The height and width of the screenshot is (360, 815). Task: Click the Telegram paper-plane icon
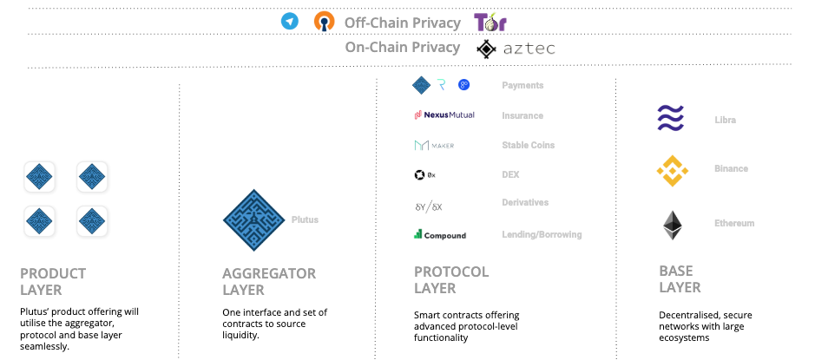pyautogui.click(x=290, y=21)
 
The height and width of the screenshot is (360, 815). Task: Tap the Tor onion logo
pyautogui.click(x=490, y=23)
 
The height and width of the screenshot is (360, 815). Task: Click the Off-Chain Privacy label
pyautogui.click(x=402, y=23)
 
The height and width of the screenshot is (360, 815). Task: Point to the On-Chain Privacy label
pyautogui.click(x=402, y=49)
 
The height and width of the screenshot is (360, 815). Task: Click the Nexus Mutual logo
pyautogui.click(x=444, y=115)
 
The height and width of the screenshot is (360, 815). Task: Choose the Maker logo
pyautogui.click(x=434, y=145)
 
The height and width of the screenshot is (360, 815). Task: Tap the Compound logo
pyautogui.click(x=440, y=234)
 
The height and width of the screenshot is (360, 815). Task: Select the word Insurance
pyautogui.click(x=523, y=115)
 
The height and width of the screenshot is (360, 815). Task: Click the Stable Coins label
pyautogui.click(x=528, y=145)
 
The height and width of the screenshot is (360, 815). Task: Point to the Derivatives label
pyautogui.click(x=525, y=203)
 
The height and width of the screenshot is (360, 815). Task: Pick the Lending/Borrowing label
pyautogui.click(x=542, y=234)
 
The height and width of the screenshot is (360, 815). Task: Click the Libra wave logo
pyautogui.click(x=670, y=118)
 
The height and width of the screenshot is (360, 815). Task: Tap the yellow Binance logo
pyautogui.click(x=672, y=170)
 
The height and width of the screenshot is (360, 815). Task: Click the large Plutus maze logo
pyautogui.click(x=253, y=220)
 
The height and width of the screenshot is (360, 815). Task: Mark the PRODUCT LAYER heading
pyautogui.click(x=53, y=281)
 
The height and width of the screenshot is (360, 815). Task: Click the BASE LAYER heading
pyautogui.click(x=680, y=279)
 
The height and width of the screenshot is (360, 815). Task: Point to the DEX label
pyautogui.click(x=510, y=174)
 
